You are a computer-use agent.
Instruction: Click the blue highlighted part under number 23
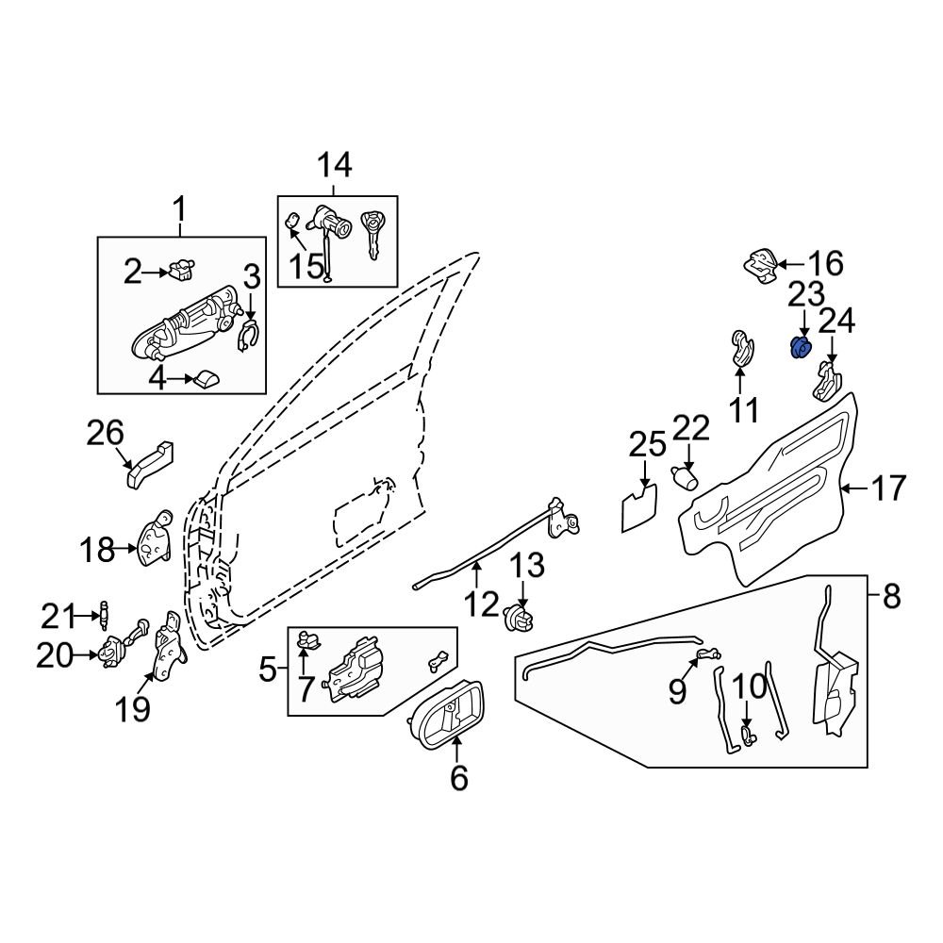click(x=800, y=348)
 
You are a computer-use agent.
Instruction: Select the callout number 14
click(x=334, y=166)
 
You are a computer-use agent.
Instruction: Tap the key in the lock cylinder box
click(x=375, y=234)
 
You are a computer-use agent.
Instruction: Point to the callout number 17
click(x=887, y=488)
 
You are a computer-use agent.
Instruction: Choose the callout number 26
click(x=106, y=434)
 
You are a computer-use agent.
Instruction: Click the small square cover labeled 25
click(x=639, y=507)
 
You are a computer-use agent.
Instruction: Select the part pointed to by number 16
click(x=760, y=265)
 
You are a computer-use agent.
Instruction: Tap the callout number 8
click(x=892, y=596)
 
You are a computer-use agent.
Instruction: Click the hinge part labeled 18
click(x=155, y=542)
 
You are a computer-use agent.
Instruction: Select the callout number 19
click(x=134, y=708)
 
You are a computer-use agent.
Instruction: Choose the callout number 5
click(x=268, y=671)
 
